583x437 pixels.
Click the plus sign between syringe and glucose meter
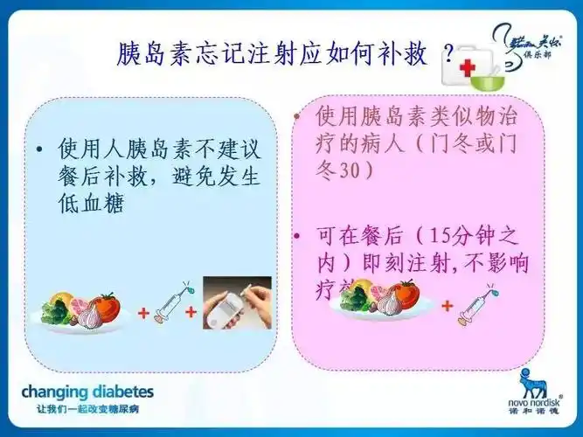click(x=191, y=312)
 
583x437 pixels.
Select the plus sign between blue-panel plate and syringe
click(x=142, y=312)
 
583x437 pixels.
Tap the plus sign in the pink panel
click(x=447, y=306)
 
